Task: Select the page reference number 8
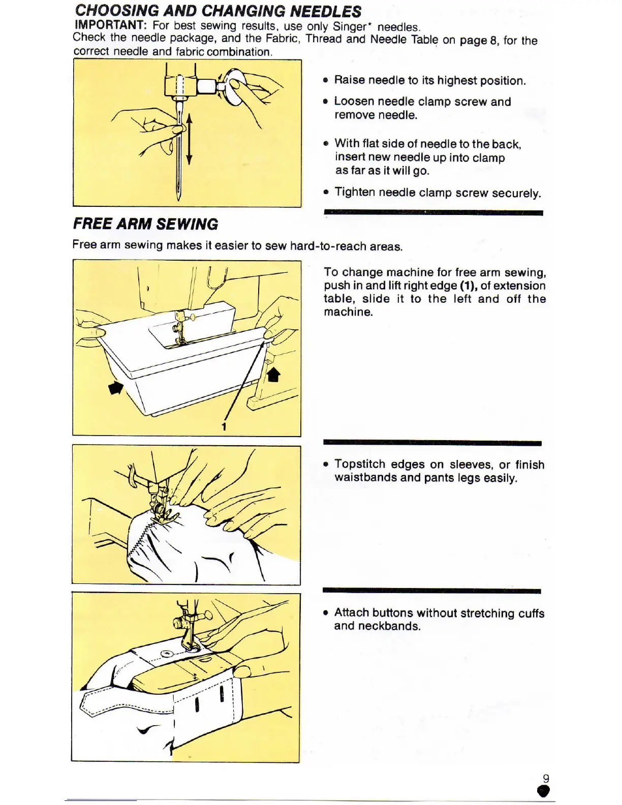pyautogui.click(x=493, y=41)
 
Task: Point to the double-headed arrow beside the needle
pyautogui.click(x=189, y=139)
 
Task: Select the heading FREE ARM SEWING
pyautogui.click(x=145, y=224)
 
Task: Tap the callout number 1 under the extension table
pyautogui.click(x=224, y=427)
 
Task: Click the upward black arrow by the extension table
pyautogui.click(x=274, y=375)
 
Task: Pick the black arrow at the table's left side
pyautogui.click(x=116, y=388)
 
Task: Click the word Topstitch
pyautogui.click(x=360, y=464)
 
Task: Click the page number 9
pyautogui.click(x=546, y=778)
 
